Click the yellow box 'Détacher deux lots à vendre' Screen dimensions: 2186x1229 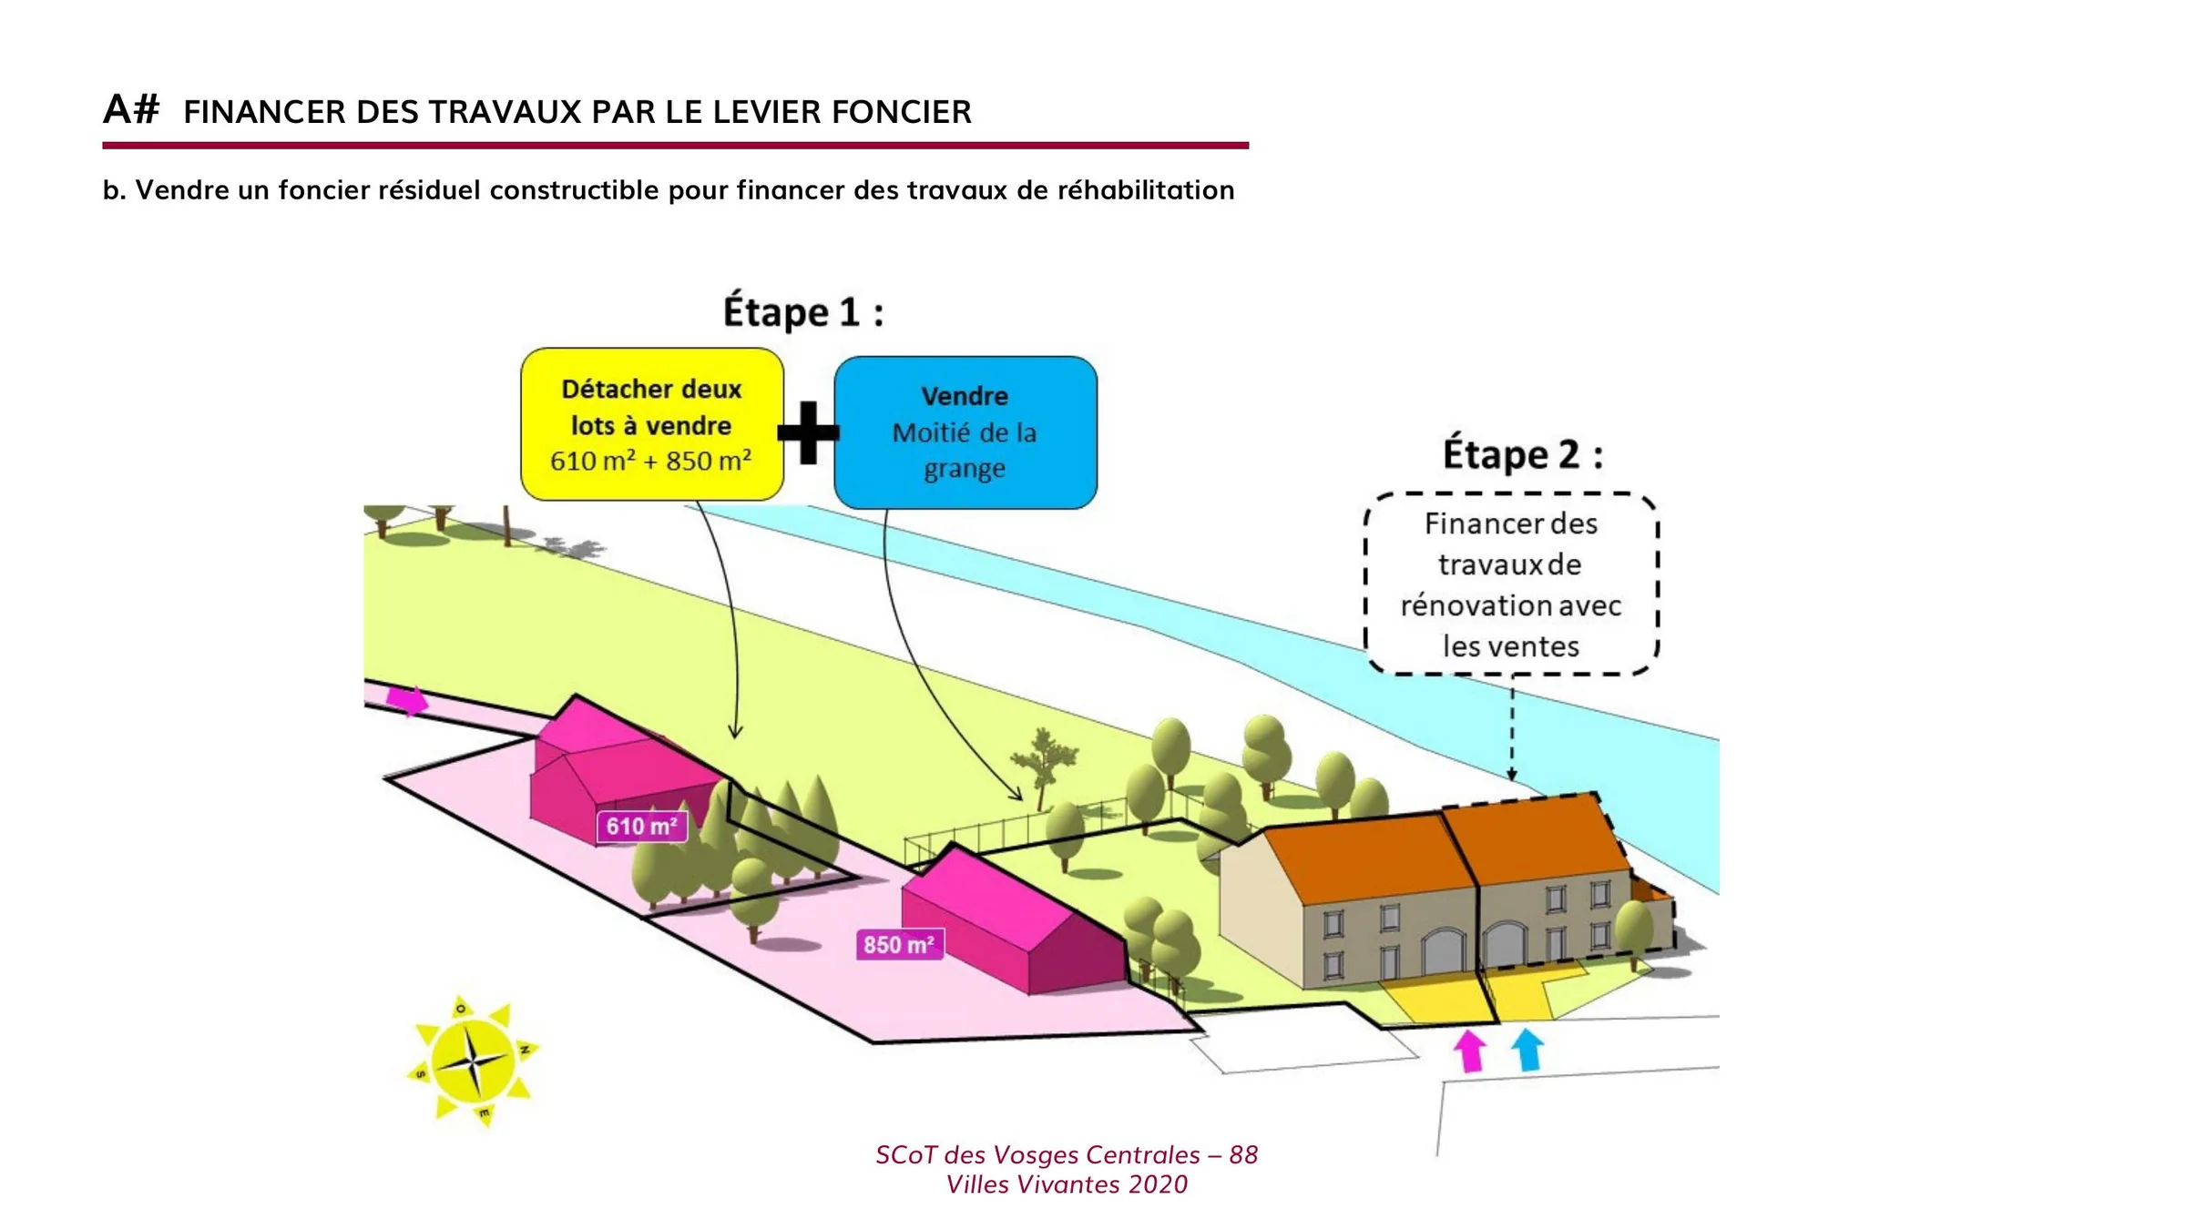pyautogui.click(x=652, y=424)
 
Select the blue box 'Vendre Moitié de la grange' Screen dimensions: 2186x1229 pyautogui.click(x=965, y=432)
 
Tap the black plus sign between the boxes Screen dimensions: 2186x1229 pyautogui.click(x=808, y=432)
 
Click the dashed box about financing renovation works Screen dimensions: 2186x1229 pyautogui.click(x=1511, y=584)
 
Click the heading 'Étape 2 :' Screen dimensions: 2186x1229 pyautogui.click(x=1523, y=452)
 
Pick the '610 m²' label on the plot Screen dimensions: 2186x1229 pyautogui.click(x=642, y=827)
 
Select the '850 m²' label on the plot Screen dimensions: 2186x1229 pyautogui.click(x=900, y=944)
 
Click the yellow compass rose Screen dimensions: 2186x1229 pyautogui.click(x=473, y=1061)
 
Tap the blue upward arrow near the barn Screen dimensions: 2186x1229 pyautogui.click(x=1528, y=1049)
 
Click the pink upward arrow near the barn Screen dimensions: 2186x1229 pyautogui.click(x=1469, y=1050)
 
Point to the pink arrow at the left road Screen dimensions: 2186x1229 pyautogui.click(x=406, y=700)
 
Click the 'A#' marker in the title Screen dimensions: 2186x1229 pyautogui.click(x=131, y=109)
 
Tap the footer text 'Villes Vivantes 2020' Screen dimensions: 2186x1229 pyautogui.click(x=1067, y=1184)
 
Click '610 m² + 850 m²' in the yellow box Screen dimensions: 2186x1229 pyautogui.click(x=651, y=461)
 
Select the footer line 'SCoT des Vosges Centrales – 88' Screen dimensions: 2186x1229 pyautogui.click(x=1067, y=1154)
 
